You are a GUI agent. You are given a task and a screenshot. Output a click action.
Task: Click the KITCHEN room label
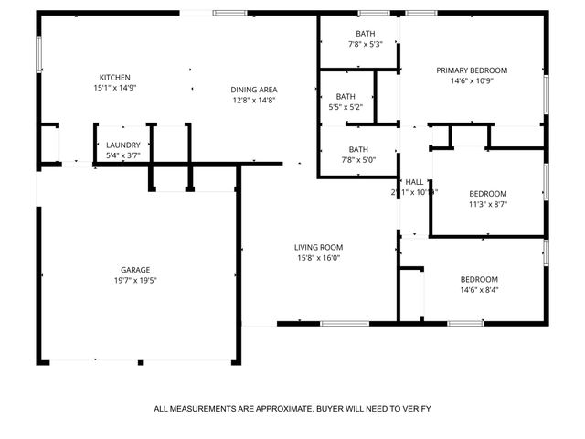tap(114, 77)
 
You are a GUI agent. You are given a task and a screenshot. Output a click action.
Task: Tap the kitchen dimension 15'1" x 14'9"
tap(114, 88)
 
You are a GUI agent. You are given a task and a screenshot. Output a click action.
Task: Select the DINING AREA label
tap(254, 89)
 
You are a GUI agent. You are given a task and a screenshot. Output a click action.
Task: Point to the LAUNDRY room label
tap(122, 145)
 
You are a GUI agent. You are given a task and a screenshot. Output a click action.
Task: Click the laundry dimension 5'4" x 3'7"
tap(122, 155)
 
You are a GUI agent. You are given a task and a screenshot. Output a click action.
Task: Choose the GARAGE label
tap(135, 270)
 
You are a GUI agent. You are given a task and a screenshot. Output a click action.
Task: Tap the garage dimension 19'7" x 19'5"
tap(135, 281)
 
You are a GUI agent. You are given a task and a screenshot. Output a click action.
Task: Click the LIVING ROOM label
tap(317, 247)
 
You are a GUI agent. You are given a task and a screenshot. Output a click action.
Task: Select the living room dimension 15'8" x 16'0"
tap(317, 258)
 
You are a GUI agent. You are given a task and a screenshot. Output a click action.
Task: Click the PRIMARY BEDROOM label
tap(471, 70)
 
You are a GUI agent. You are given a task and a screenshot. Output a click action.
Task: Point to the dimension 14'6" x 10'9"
tap(471, 80)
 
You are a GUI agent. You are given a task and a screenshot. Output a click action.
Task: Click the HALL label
tap(414, 181)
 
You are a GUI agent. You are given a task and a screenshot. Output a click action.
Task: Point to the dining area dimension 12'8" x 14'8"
tap(254, 100)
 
